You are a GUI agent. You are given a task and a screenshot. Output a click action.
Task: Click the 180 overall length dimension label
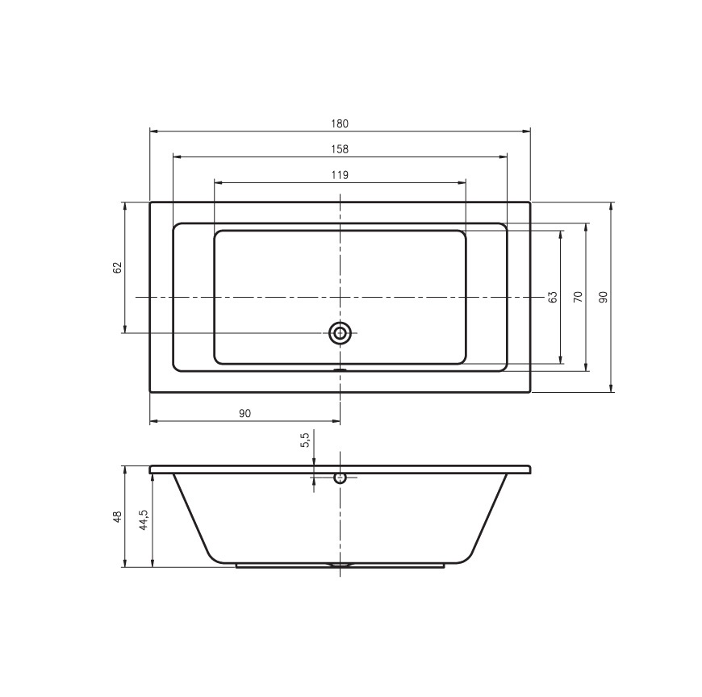[x=340, y=123]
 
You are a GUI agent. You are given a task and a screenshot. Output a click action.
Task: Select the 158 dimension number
[x=340, y=149]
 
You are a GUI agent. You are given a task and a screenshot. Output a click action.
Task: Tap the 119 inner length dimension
[x=340, y=175]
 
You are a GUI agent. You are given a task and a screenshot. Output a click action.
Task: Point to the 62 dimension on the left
[x=117, y=268]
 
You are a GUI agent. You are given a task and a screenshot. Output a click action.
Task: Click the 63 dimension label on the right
[x=553, y=297]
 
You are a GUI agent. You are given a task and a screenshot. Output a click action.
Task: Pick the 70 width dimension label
[x=578, y=297]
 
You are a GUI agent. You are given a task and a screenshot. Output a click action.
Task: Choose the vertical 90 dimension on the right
[x=603, y=297]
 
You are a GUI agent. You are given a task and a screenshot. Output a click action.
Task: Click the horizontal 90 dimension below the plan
[x=245, y=413]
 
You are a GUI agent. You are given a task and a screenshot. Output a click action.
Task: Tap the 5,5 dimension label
[x=305, y=440]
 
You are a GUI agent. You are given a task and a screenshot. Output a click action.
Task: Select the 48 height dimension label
[x=117, y=516]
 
